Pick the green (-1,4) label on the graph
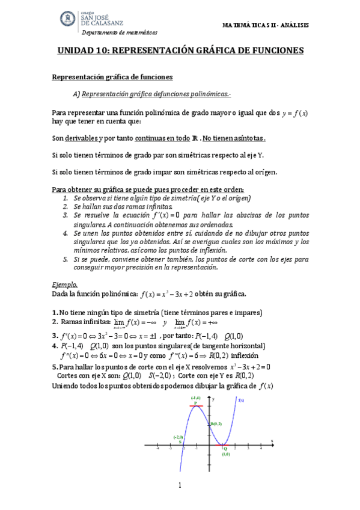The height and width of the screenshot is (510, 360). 196,381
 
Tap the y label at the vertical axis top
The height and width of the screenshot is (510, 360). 213,381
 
